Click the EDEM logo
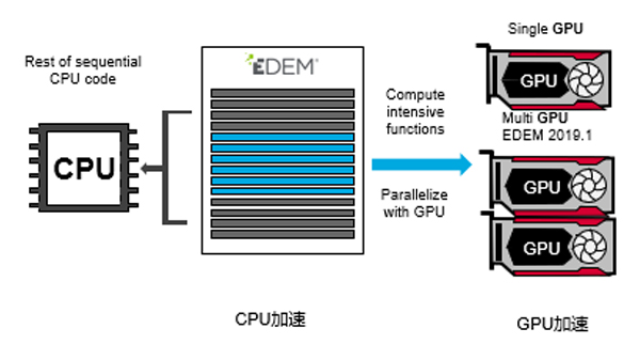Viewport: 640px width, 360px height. (x=282, y=65)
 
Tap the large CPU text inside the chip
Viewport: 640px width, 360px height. (x=84, y=168)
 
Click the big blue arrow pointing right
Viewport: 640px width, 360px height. (x=422, y=164)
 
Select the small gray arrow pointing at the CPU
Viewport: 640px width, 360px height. (x=152, y=168)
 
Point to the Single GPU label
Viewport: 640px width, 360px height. (x=545, y=29)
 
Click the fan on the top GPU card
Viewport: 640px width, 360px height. (x=586, y=80)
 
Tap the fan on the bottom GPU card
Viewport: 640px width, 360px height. (x=589, y=247)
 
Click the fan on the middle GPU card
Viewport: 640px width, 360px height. (x=589, y=186)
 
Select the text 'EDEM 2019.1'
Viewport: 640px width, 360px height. (x=547, y=135)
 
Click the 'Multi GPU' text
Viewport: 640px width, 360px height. (x=535, y=118)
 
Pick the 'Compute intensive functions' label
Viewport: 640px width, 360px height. (x=415, y=111)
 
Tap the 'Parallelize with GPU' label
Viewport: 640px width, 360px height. (x=414, y=203)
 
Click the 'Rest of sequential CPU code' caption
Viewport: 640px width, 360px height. (x=83, y=70)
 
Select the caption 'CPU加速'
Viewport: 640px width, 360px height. (x=270, y=319)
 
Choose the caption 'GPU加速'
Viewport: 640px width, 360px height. (x=553, y=324)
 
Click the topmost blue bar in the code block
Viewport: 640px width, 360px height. (x=282, y=137)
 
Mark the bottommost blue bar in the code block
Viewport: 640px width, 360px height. (x=282, y=191)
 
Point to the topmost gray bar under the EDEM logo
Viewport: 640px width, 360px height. (x=282, y=93)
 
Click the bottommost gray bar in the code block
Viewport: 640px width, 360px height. (x=282, y=234)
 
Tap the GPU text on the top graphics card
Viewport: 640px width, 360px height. (x=539, y=81)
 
